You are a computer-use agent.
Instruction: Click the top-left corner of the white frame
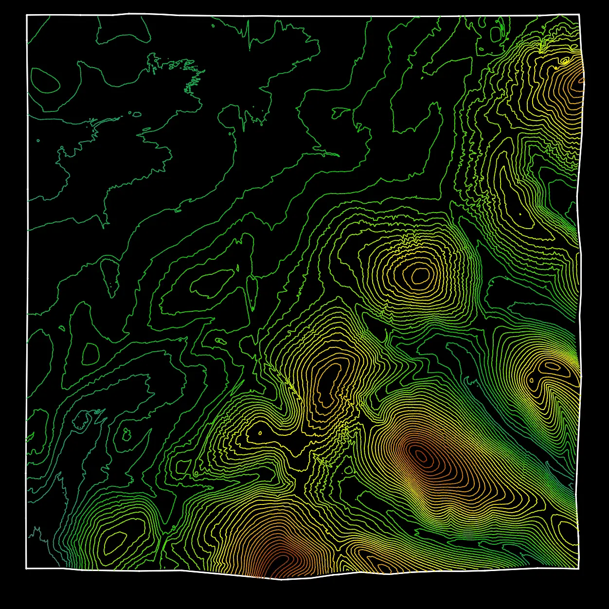27,16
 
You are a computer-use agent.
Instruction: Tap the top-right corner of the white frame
579,15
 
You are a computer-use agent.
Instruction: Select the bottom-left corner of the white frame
26,568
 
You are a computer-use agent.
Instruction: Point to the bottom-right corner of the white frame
579,567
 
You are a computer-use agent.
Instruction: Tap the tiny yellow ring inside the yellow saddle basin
260,432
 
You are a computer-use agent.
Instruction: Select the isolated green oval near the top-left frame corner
45,81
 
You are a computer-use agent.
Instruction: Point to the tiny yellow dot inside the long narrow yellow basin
520,214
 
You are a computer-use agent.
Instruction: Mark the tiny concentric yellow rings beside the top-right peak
564,61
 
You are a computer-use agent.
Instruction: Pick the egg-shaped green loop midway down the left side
90,354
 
